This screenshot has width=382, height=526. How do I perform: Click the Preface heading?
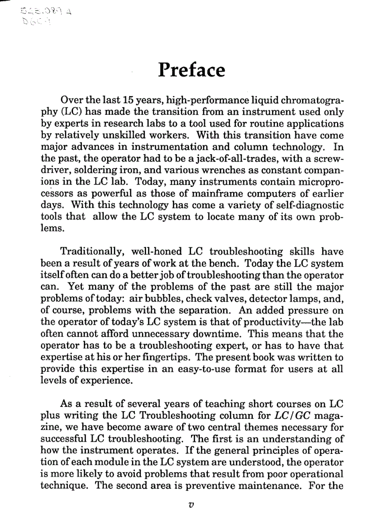[191, 70]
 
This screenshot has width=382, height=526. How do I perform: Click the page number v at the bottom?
[190, 504]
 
